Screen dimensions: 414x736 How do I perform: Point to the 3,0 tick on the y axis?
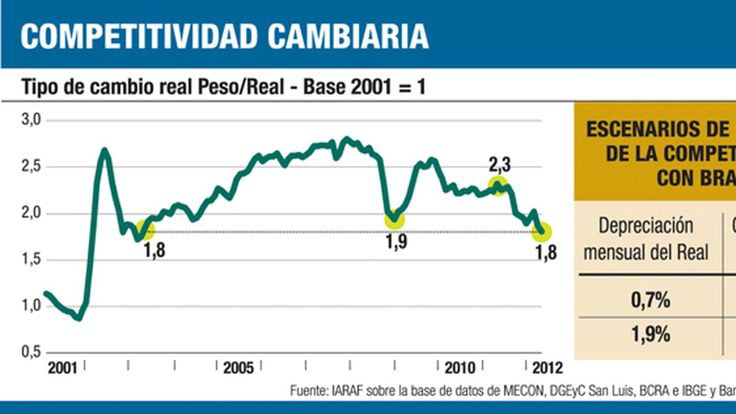coord(30,120)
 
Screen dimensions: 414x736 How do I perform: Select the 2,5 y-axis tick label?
coord(30,167)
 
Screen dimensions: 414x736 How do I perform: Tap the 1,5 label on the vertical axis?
coord(30,260)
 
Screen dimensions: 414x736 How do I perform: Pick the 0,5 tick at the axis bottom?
coord(30,353)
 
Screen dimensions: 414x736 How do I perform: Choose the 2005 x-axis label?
coord(239,368)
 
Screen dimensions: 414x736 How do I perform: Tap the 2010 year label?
coord(459,368)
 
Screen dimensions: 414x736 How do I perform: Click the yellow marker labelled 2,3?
coord(498,185)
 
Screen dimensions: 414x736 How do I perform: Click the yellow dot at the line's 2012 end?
coord(542,232)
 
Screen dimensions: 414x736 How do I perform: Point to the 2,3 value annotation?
coord(500,164)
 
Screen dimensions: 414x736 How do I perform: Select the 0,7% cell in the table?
coord(650,301)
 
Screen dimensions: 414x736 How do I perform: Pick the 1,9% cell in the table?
coord(650,335)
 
